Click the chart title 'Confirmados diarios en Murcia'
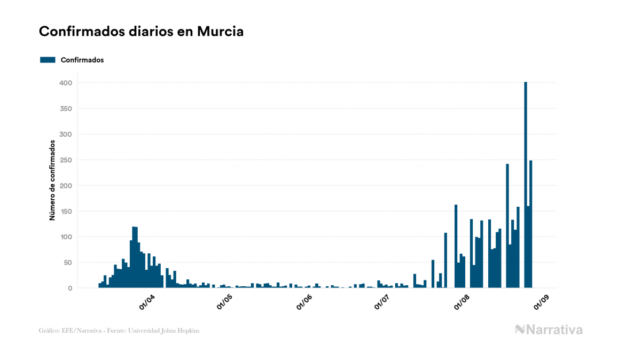point(141,32)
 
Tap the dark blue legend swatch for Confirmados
point(48,60)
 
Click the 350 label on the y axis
point(66,108)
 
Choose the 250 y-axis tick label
point(66,160)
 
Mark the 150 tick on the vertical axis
point(66,211)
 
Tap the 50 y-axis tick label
point(68,262)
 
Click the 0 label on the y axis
point(70,288)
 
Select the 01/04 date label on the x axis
point(146,302)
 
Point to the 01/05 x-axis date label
point(225,302)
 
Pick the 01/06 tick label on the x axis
point(304,302)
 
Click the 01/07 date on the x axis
point(381,302)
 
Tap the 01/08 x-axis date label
point(461,302)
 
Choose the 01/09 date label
point(540,302)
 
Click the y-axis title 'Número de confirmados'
point(52,180)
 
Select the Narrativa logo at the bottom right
point(549,330)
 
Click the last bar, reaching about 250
point(531,224)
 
